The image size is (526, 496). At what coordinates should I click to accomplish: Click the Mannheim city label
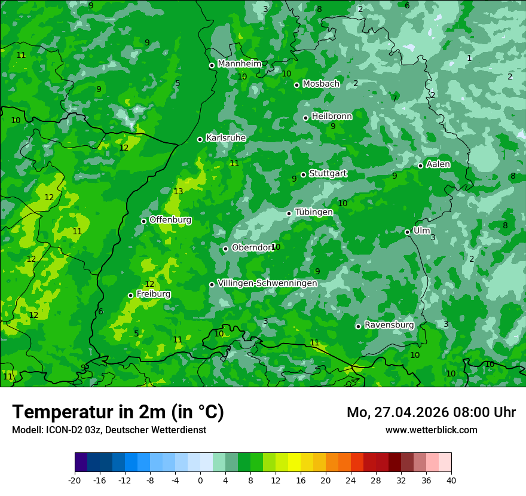point(240,64)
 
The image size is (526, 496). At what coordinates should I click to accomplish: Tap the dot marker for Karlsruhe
point(200,139)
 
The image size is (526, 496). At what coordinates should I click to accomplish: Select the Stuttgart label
point(328,173)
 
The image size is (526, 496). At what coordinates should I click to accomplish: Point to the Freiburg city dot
point(130,295)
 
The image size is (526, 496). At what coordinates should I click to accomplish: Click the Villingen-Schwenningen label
point(267,283)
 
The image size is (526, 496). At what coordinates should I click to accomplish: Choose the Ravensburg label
point(389,325)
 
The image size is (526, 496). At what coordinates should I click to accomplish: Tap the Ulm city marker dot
point(407,232)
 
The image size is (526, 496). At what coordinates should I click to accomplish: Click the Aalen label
point(438,164)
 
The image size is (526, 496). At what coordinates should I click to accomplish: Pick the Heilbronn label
point(332,117)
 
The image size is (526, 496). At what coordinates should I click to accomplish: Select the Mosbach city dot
point(296,85)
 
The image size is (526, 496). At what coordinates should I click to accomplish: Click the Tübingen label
point(314,212)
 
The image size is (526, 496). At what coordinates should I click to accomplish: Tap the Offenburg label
point(170,220)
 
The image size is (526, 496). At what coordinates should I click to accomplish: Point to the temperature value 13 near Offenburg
point(178,191)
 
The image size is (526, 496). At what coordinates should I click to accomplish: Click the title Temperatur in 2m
point(118,412)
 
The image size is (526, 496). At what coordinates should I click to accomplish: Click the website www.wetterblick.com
point(431,430)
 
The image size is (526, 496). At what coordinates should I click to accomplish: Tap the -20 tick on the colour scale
point(74,480)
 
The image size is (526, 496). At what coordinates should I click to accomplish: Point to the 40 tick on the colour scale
point(451,480)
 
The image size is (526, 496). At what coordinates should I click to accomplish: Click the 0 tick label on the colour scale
point(200,480)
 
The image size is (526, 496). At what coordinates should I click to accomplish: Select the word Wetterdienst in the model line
point(179,430)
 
